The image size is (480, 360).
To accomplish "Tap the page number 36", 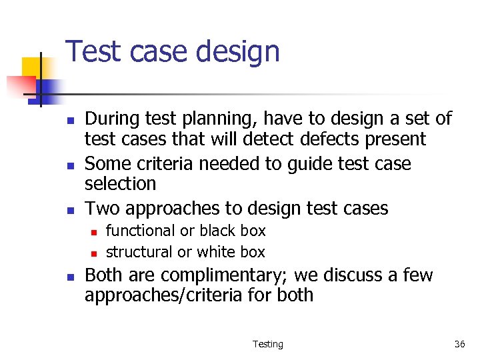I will (459, 344).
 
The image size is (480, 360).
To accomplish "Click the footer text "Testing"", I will (268, 344).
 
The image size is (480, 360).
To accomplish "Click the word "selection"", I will (120, 183).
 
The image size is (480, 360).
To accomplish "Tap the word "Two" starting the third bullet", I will (102, 208).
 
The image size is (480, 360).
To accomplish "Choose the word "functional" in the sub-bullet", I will (139, 231).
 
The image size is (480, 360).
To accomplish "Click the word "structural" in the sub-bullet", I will (139, 252).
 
